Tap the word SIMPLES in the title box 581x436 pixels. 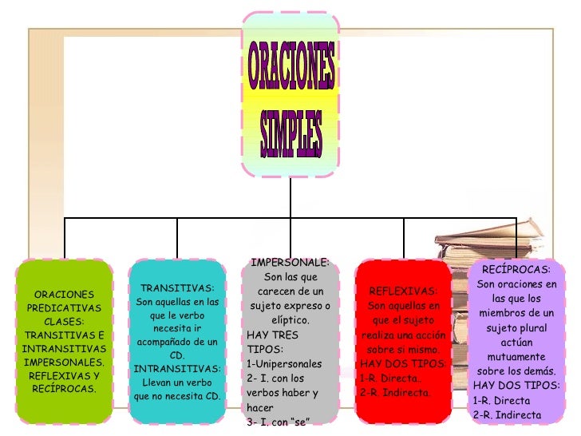tap(290, 129)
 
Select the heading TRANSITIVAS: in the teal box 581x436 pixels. tap(177, 288)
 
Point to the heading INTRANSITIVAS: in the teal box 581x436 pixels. tap(177, 369)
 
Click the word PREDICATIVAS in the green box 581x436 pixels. tap(64, 308)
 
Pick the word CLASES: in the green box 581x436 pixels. tap(64, 322)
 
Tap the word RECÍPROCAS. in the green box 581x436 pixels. tap(64, 389)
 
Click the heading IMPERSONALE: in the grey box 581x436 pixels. tap(290, 263)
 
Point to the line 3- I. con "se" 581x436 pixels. tap(279, 421)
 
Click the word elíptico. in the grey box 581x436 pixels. tap(290, 320)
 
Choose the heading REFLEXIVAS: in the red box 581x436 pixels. tap(404, 291)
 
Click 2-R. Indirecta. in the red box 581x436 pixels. tap(396, 393)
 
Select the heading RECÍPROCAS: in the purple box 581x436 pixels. tap(516, 270)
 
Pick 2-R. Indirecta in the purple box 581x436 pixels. tap(507, 414)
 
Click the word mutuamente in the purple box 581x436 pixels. tap(516, 357)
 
